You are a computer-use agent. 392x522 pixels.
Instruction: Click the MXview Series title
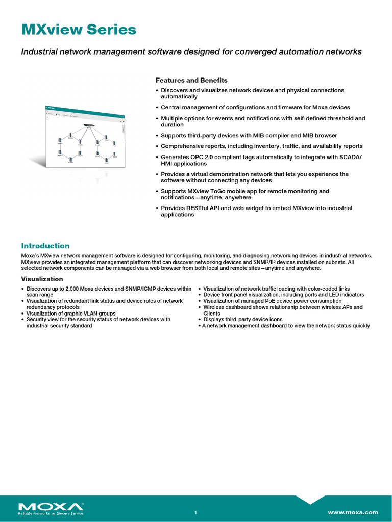(x=79, y=30)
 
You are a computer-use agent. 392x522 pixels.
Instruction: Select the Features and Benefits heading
(x=191, y=81)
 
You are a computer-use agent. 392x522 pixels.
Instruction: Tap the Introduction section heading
(x=45, y=246)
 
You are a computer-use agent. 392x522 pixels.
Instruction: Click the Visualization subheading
(x=42, y=279)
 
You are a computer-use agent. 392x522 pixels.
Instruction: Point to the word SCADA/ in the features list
(x=350, y=158)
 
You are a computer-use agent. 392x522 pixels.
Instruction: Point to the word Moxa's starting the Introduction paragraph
(x=30, y=256)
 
